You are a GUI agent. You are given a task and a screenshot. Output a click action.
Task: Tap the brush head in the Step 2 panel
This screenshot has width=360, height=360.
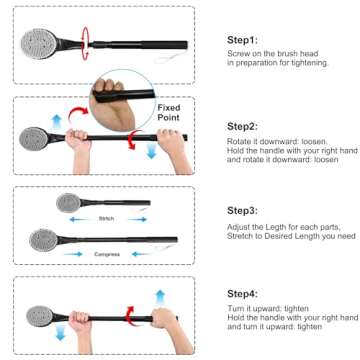(35, 136)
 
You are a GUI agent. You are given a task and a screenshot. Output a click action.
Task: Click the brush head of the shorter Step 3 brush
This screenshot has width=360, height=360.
(70, 203)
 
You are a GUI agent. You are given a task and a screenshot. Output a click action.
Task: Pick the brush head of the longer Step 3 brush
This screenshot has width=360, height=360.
(43, 238)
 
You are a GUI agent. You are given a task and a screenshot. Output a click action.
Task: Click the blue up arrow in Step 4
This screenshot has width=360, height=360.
(159, 297)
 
